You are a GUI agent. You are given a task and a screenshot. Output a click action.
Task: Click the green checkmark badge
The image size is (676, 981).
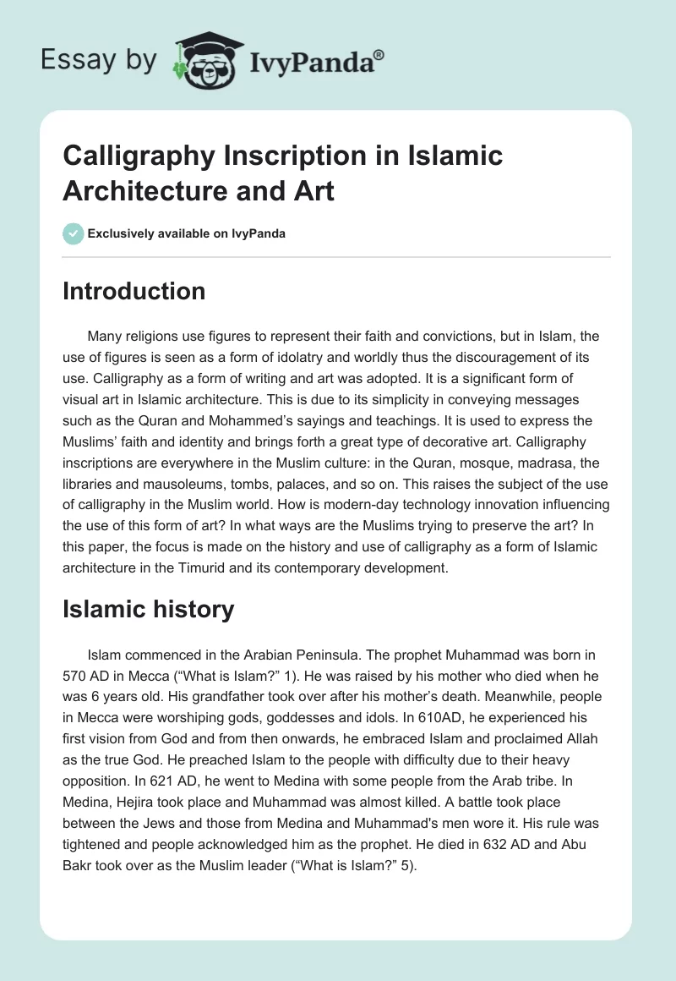click(74, 233)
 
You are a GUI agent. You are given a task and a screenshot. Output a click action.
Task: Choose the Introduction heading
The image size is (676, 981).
click(134, 291)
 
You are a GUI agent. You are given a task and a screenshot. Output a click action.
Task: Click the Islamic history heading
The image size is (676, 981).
click(148, 609)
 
